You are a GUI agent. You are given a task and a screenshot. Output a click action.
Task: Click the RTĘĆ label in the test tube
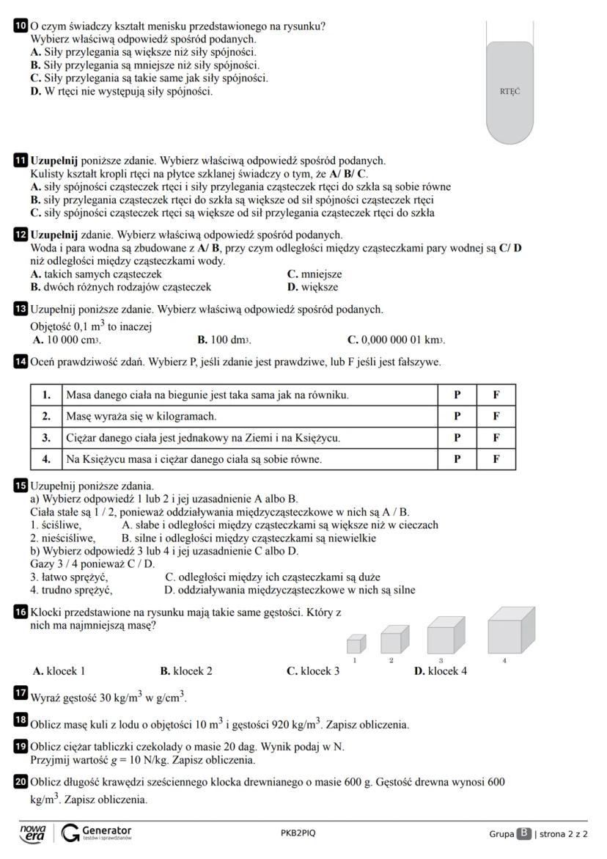pos(510,92)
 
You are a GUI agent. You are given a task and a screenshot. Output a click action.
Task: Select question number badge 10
pos(21,26)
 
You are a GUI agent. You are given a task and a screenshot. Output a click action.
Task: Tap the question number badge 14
pos(21,361)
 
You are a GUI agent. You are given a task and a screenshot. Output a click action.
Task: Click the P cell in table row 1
pos(457,395)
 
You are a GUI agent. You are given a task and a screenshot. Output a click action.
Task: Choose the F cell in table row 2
pos(496,416)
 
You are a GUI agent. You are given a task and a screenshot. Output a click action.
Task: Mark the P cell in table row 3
pos(457,438)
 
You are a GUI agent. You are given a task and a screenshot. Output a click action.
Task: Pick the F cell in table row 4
pos(496,460)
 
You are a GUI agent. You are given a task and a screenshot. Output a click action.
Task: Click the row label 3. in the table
pos(46,438)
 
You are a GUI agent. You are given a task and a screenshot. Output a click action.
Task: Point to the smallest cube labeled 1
pos(355,645)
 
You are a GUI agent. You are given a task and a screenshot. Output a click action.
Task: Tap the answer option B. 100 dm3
pos(224,340)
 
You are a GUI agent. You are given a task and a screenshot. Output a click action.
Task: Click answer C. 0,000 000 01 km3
pos(396,340)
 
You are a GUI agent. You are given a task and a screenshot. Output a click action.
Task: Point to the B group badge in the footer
pos(523,833)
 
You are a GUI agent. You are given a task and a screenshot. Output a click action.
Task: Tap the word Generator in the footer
pos(107,830)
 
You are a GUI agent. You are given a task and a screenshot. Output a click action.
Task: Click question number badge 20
pos(21,783)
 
